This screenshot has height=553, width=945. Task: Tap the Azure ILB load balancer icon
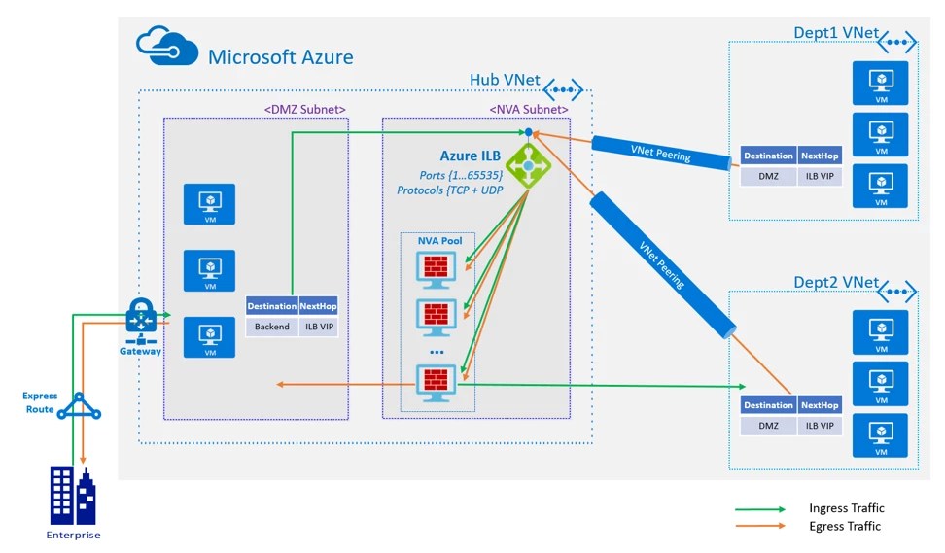pos(528,166)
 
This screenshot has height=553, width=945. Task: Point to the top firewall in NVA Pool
pos(435,268)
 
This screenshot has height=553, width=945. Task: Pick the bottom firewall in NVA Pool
pos(435,381)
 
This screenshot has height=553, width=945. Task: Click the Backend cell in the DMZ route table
pos(272,327)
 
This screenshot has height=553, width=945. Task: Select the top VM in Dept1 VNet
pos(881,81)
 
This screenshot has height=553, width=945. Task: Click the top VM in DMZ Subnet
pos(210,203)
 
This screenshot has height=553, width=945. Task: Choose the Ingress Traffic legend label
pos(846,508)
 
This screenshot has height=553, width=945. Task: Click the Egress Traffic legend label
pos(844,526)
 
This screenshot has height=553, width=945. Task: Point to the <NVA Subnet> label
pos(528,109)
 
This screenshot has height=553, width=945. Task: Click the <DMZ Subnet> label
pos(305,109)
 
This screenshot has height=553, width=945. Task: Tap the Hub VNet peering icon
pos(564,90)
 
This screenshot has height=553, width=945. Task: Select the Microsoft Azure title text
pos(281,56)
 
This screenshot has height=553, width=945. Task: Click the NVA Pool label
pos(440,240)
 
